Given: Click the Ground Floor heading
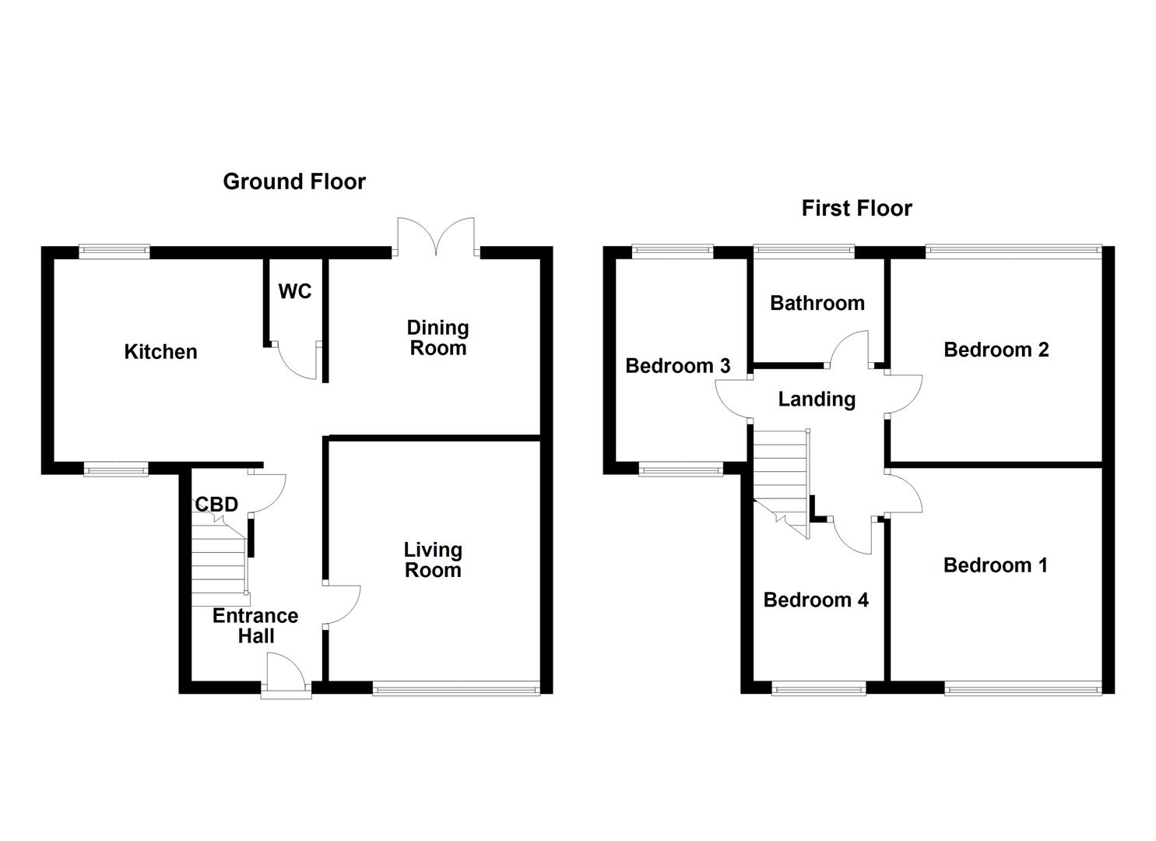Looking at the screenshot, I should pyautogui.click(x=293, y=181).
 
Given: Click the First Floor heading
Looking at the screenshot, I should pyautogui.click(x=856, y=208).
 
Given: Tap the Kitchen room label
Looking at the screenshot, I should pyautogui.click(x=160, y=352).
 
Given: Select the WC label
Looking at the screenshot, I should pyautogui.click(x=295, y=291).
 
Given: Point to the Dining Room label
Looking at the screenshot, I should pyautogui.click(x=437, y=338).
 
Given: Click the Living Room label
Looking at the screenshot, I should pyautogui.click(x=432, y=560).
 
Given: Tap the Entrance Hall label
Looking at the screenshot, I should pyautogui.click(x=255, y=626).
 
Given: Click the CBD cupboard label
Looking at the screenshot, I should pyautogui.click(x=216, y=505).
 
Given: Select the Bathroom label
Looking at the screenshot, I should pyautogui.click(x=817, y=303).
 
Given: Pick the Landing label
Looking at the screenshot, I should pyautogui.click(x=817, y=399).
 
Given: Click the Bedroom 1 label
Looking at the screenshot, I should pyautogui.click(x=995, y=565).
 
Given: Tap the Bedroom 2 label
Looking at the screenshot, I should pyautogui.click(x=996, y=350).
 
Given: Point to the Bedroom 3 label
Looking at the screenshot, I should pyautogui.click(x=677, y=365).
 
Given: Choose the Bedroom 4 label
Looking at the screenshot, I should pyautogui.click(x=815, y=600).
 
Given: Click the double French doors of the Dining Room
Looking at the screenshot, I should pyautogui.click(x=436, y=236).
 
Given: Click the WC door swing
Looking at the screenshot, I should pyautogui.click(x=299, y=361).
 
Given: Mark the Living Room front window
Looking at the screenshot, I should pyautogui.click(x=455, y=688).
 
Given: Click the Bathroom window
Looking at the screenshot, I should pyautogui.click(x=803, y=251).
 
